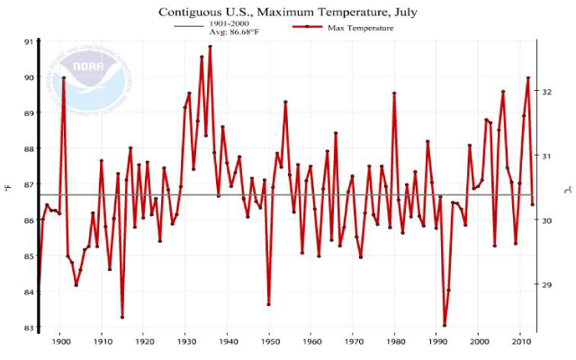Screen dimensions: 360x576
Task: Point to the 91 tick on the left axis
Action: pyautogui.click(x=28, y=42)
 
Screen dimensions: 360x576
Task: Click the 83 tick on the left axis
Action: pyautogui.click(x=28, y=328)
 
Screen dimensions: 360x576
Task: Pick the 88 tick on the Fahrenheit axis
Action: pyautogui.click(x=28, y=149)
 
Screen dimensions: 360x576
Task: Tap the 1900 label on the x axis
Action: pyautogui.click(x=61, y=342)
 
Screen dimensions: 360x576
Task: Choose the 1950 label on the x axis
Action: pyautogui.click(x=269, y=342)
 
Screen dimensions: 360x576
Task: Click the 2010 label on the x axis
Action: pyautogui.click(x=520, y=342)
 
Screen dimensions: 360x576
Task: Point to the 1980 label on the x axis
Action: pyautogui.click(x=395, y=342)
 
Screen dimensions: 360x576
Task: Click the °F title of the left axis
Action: pyautogui.click(x=8, y=187)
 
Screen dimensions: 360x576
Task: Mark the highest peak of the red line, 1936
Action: pyautogui.click(x=211, y=47)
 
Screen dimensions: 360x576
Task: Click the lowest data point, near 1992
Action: pyautogui.click(x=445, y=325)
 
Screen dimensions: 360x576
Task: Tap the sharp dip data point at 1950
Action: pyautogui.click(x=269, y=304)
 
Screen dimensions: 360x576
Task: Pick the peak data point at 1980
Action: pyautogui.click(x=394, y=93)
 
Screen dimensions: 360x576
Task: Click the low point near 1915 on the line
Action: pyautogui.click(x=122, y=317)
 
